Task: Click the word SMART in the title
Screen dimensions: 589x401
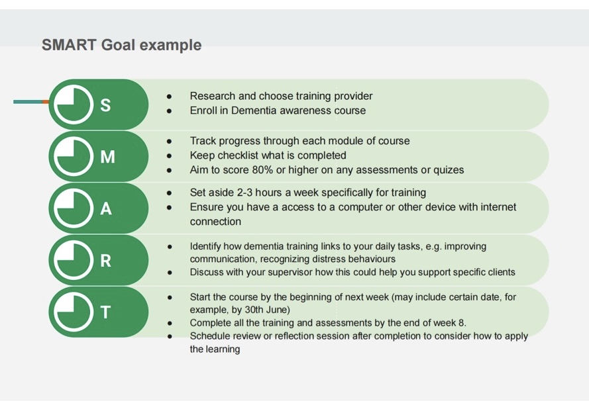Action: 69,44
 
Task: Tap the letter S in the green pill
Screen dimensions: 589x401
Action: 105,105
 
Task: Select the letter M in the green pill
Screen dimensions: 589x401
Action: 107,157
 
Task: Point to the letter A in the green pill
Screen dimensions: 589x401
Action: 106,208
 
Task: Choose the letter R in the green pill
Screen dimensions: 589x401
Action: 105,260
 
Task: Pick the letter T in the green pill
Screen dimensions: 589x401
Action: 105,312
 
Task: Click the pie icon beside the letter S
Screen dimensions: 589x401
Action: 74,105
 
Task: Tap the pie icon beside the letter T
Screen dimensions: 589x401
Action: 74,312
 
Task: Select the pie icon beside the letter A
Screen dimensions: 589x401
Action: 74,208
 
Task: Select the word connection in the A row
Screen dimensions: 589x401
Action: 215,221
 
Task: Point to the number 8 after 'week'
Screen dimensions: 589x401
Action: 461,323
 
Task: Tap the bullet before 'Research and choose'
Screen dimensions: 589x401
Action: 170,97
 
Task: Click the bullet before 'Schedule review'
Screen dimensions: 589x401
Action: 170,336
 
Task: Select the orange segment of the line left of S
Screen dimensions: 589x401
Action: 46,102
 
